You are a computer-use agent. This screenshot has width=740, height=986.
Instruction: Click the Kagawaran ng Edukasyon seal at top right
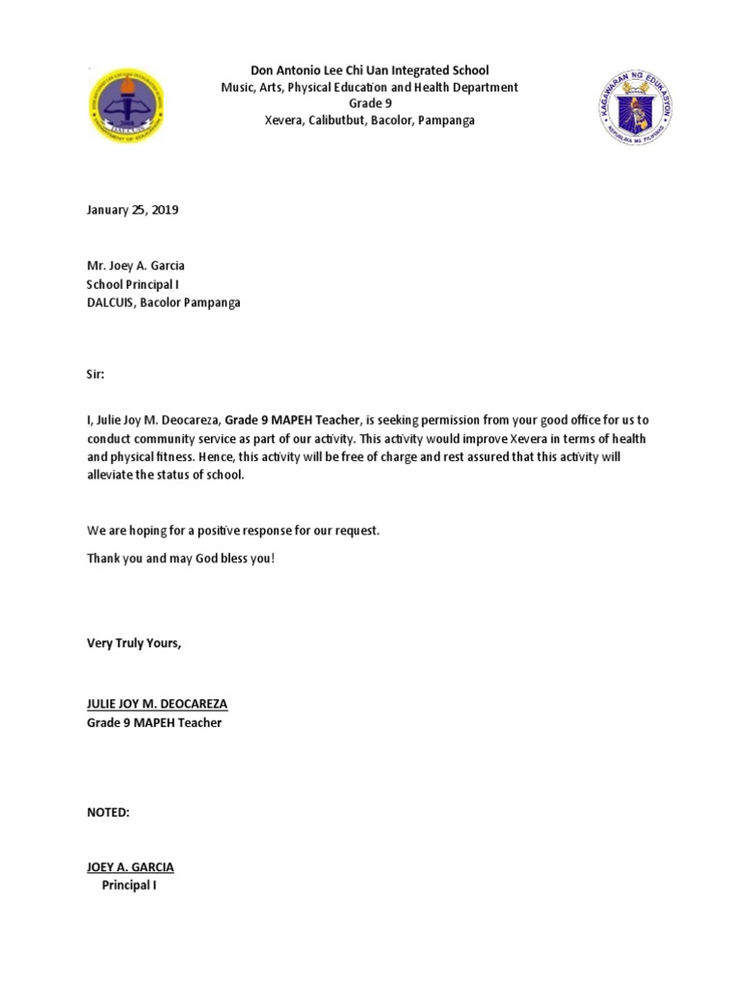[x=634, y=108]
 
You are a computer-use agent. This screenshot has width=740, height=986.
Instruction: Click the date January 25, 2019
[x=133, y=210]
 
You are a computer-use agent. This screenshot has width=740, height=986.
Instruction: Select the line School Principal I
[x=133, y=285]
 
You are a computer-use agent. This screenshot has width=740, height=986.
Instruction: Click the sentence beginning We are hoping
[x=233, y=531]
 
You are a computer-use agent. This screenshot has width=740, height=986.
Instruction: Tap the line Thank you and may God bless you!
[x=181, y=558]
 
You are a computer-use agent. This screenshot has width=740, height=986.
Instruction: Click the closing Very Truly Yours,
[x=134, y=643]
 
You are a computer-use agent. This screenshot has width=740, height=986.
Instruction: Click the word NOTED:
[x=108, y=813]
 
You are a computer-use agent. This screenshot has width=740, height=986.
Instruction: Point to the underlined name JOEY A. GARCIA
[x=130, y=867]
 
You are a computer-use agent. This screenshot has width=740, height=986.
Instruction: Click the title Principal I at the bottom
[x=129, y=885]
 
